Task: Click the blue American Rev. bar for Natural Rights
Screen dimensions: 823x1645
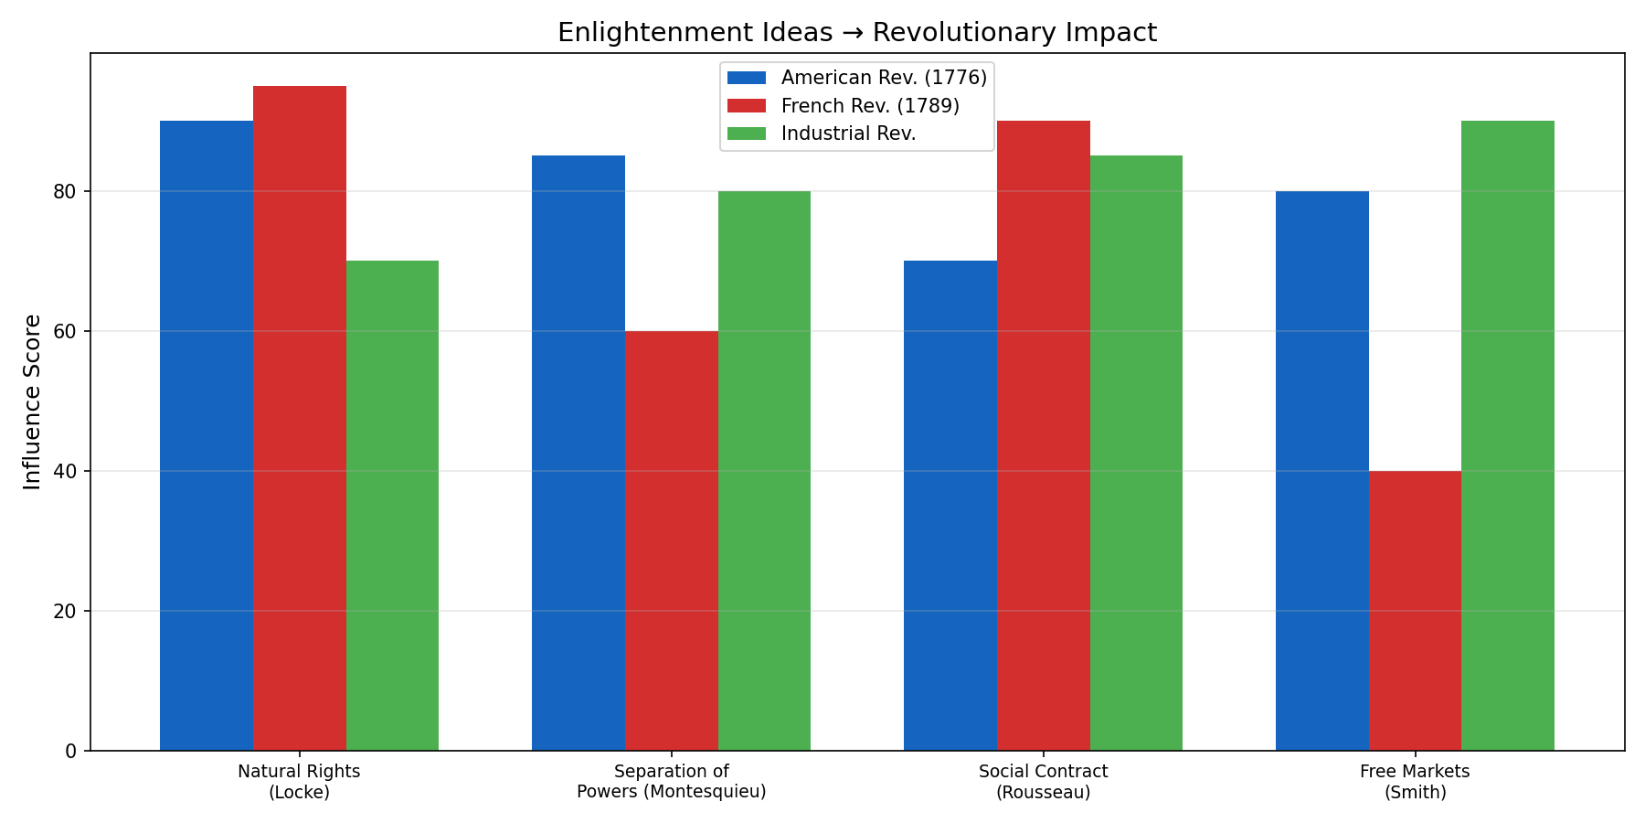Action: tap(207, 435)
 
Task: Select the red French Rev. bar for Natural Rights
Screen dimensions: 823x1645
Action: tap(300, 418)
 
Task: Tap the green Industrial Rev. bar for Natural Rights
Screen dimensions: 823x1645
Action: tap(392, 506)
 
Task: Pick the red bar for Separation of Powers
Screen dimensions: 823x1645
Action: tap(672, 540)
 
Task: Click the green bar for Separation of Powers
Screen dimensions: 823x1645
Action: tap(764, 471)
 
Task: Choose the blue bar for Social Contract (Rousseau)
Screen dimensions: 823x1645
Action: tap(950, 506)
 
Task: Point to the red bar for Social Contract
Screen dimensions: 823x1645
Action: tap(1044, 435)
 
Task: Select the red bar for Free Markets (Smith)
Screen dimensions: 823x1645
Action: tap(1415, 611)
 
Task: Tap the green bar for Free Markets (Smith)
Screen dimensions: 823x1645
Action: tap(1508, 435)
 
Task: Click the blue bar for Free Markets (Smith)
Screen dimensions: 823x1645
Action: tap(1322, 471)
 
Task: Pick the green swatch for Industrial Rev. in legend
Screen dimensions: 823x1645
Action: tap(747, 134)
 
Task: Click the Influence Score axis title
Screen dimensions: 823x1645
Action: tap(32, 401)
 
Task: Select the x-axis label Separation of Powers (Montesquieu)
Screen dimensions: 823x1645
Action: tap(672, 782)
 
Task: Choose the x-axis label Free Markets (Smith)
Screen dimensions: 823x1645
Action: tap(1415, 782)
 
